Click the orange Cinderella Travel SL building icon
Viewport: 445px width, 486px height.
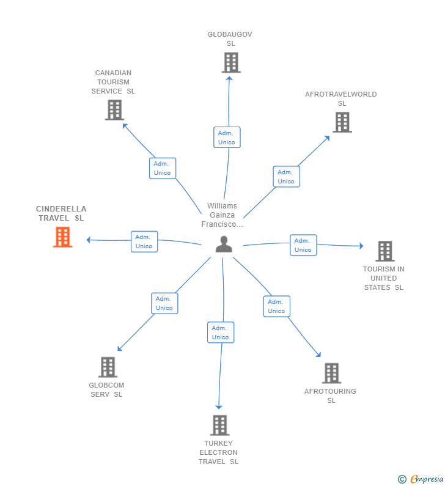(x=62, y=237)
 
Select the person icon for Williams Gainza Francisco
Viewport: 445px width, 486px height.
(x=224, y=245)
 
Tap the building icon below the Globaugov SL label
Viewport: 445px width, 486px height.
(x=231, y=62)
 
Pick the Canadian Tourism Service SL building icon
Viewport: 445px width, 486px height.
(x=115, y=110)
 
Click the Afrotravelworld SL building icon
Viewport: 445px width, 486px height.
(x=342, y=122)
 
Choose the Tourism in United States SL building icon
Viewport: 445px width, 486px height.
(x=385, y=251)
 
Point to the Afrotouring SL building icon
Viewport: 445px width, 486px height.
(x=331, y=373)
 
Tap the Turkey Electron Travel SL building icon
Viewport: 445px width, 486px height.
(x=220, y=425)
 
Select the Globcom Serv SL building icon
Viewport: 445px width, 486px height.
(x=108, y=367)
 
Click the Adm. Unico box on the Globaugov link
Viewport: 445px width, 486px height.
(x=227, y=138)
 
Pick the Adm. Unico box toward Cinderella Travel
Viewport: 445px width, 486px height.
(x=144, y=241)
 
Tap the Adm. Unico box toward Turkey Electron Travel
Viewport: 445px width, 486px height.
(x=221, y=333)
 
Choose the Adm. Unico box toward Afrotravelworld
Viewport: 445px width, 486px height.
(x=286, y=177)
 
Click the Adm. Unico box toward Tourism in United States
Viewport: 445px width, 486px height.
(x=303, y=245)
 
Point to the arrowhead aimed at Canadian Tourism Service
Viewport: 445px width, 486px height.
(x=125, y=125)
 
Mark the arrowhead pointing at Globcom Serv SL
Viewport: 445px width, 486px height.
(x=120, y=348)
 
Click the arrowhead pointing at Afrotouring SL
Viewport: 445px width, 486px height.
(x=318, y=355)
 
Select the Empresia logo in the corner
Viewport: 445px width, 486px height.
(x=421, y=479)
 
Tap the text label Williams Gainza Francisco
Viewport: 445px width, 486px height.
(x=222, y=215)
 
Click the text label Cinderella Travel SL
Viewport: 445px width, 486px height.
(x=61, y=213)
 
